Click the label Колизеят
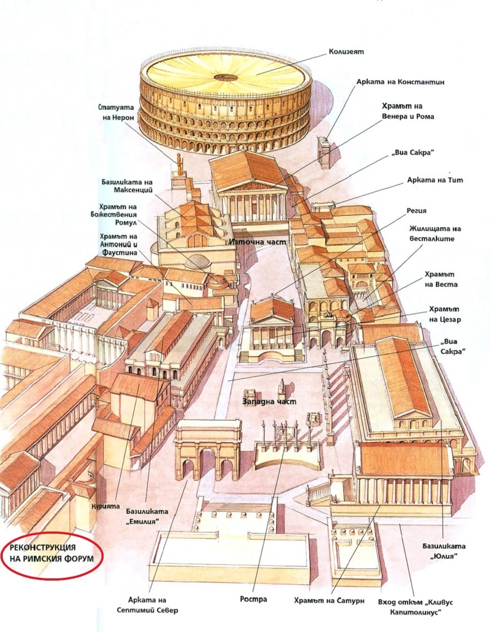[346, 52]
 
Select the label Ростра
[254, 599]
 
